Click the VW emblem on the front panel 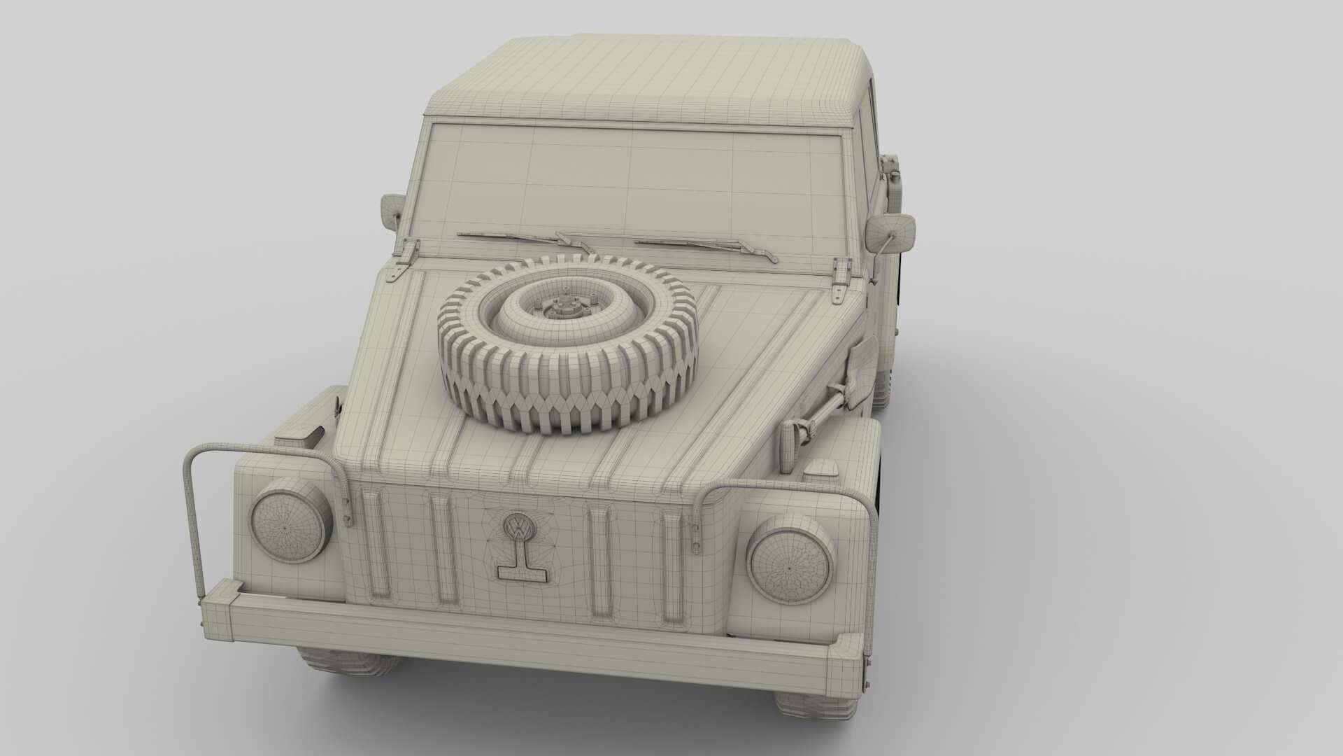click(517, 526)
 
